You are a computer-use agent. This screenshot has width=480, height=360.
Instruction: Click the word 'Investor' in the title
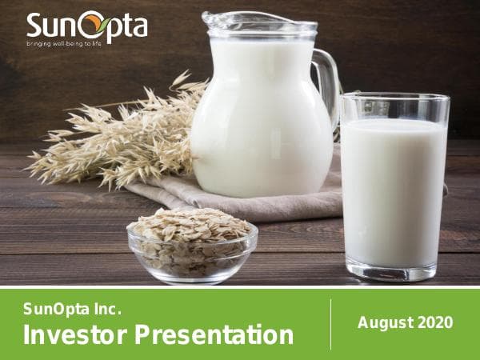point(72,335)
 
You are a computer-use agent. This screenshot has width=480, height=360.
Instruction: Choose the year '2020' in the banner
point(437,322)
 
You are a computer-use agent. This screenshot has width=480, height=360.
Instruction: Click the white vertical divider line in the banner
point(330,324)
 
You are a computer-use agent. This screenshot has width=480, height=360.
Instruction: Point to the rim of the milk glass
point(394,98)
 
